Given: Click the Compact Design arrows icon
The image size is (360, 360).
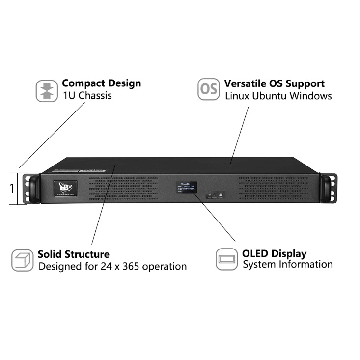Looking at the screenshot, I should pyautogui.click(x=47, y=91).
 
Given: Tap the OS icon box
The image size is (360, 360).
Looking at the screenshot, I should pyautogui.click(x=209, y=89).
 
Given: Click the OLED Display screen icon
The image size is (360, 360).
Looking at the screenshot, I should pyautogui.click(x=227, y=259).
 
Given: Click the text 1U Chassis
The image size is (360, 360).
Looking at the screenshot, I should pyautogui.click(x=87, y=95).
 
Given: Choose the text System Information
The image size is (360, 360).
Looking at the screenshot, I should pyautogui.click(x=288, y=265).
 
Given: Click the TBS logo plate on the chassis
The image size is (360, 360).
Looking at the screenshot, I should pyautogui.click(x=65, y=189).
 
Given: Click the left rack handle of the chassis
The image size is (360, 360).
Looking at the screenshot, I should pyautogui.click(x=33, y=188).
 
